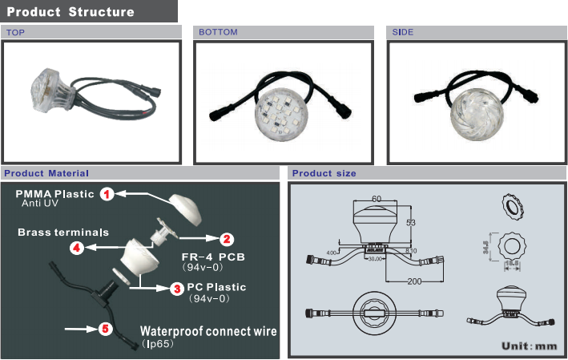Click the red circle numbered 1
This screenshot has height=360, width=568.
(x=108, y=193)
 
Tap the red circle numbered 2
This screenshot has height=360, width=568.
(x=227, y=238)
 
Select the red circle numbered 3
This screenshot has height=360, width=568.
(x=176, y=286)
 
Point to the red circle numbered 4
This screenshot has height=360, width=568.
(x=77, y=248)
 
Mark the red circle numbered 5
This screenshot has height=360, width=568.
(x=104, y=329)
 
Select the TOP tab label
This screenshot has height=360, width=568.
(x=15, y=33)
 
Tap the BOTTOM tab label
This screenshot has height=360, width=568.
(x=218, y=33)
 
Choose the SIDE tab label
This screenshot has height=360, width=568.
(x=402, y=33)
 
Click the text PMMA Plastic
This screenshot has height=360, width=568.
(x=54, y=194)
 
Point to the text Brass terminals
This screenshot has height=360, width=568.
(x=63, y=232)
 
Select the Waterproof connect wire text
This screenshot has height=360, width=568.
(x=209, y=330)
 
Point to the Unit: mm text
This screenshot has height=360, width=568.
(x=528, y=346)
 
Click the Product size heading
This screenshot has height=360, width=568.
(x=324, y=173)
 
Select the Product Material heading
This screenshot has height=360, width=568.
(x=46, y=173)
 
